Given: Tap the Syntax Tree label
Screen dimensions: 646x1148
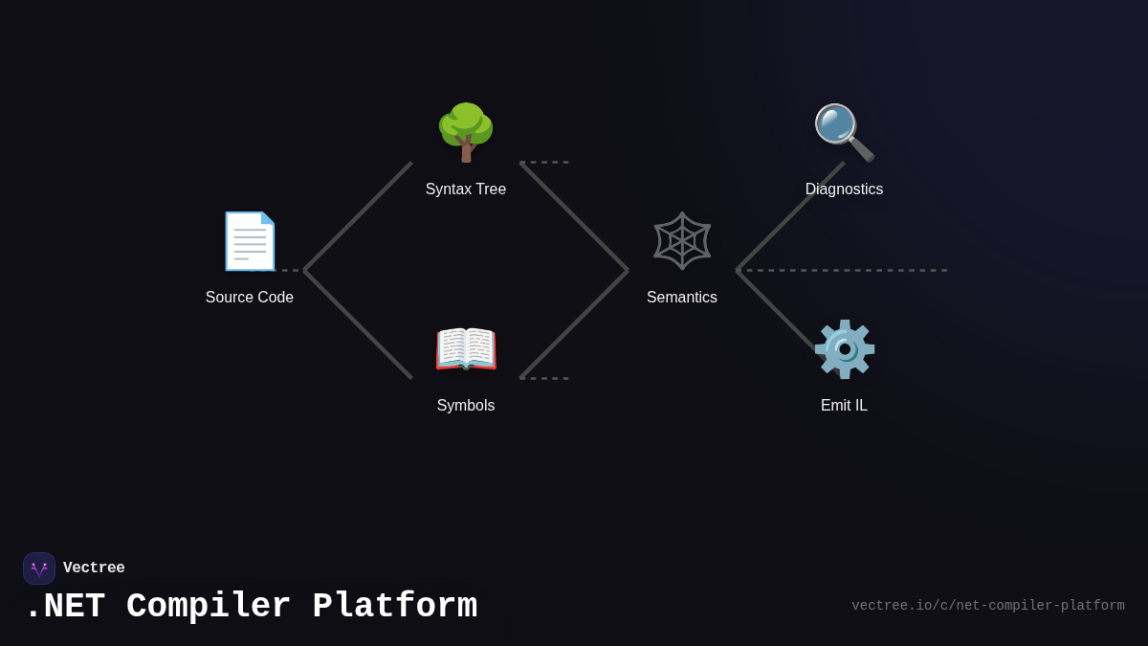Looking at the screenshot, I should click(x=466, y=189).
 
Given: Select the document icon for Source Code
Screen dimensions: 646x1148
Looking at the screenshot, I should click(x=250, y=241).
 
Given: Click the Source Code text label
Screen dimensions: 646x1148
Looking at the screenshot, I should click(x=250, y=298).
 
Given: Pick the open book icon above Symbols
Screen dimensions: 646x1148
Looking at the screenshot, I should click(x=466, y=348).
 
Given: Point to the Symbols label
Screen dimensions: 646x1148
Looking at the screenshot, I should click(x=466, y=406).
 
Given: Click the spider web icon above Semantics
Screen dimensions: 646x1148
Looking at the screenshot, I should click(x=682, y=240).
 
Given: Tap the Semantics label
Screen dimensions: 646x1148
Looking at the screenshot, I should click(x=682, y=298).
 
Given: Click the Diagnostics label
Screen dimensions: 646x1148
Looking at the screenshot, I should click(x=844, y=189).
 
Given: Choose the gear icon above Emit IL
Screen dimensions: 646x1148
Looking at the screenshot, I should click(x=844, y=348).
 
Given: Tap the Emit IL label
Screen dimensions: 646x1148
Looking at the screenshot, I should click(x=844, y=406).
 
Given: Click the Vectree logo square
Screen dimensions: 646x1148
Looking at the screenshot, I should click(x=39, y=568).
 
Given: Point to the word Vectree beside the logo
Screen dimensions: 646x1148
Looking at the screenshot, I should click(x=94, y=568).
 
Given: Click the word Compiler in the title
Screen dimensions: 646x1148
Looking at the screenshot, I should click(x=208, y=607).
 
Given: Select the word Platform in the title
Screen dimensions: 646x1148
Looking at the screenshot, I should click(x=394, y=607).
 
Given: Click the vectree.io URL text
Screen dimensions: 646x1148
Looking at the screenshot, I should click(x=987, y=606).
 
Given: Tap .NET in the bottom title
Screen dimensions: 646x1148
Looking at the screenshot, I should click(x=64, y=607).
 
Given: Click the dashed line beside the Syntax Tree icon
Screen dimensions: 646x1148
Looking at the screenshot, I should click(x=545, y=162).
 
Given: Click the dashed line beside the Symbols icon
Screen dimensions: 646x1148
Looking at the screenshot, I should click(x=545, y=378).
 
